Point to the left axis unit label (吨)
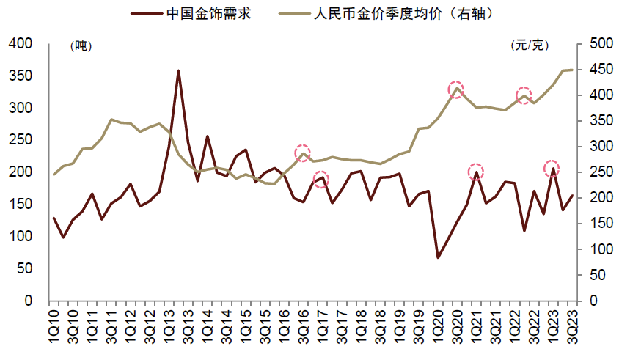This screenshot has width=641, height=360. coord(79,45)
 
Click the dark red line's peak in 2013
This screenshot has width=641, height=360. coord(178,71)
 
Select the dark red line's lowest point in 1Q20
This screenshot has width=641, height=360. coord(438,257)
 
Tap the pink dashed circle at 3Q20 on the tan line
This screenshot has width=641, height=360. coord(456,89)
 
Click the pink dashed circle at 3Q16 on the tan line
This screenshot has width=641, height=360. coord(303,153)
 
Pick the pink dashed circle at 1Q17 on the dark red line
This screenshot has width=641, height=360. coord(321,178)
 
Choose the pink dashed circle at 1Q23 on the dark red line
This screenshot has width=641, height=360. coord(552,168)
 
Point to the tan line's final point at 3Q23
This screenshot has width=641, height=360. coord(572,70)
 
